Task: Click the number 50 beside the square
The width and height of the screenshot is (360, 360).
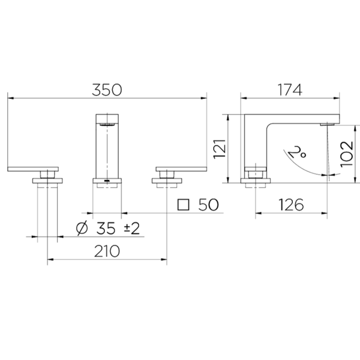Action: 208,205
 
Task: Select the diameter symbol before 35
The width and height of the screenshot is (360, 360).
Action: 83,229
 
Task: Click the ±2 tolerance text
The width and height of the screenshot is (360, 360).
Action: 133,229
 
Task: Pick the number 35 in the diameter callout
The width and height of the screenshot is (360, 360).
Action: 107,229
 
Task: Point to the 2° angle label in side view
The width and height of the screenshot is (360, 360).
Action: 298,151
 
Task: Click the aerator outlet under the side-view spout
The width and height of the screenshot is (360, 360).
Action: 328,124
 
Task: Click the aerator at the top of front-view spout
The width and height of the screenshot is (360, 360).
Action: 107,124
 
